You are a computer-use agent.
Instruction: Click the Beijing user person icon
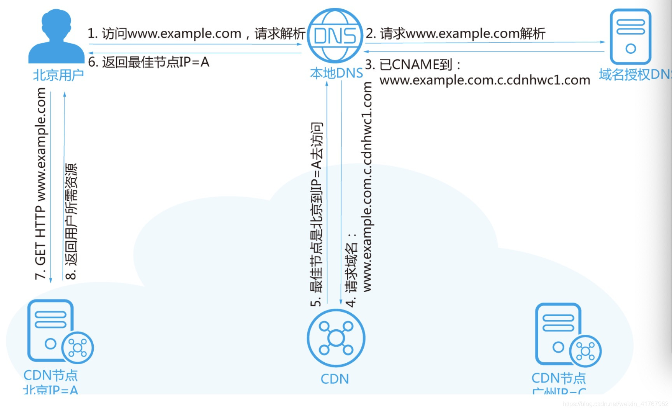click(x=56, y=37)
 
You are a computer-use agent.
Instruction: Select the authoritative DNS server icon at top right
click(x=630, y=37)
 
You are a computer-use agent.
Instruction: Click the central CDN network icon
click(x=336, y=338)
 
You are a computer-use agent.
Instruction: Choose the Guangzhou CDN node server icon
click(x=558, y=334)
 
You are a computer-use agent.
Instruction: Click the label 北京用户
click(x=58, y=75)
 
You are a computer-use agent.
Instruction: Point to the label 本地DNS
click(x=336, y=73)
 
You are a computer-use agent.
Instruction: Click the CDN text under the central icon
click(x=334, y=379)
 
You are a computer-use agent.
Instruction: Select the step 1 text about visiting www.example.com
click(x=196, y=33)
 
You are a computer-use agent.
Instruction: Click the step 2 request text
click(x=455, y=33)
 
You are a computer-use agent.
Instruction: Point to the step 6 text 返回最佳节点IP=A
click(x=149, y=62)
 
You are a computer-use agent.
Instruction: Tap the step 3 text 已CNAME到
click(x=413, y=65)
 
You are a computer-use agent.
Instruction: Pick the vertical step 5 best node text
click(x=317, y=214)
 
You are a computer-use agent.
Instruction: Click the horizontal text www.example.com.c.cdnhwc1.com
click(x=485, y=80)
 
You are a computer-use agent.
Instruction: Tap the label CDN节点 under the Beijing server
click(x=51, y=375)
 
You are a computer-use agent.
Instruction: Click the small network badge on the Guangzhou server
click(x=585, y=351)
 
